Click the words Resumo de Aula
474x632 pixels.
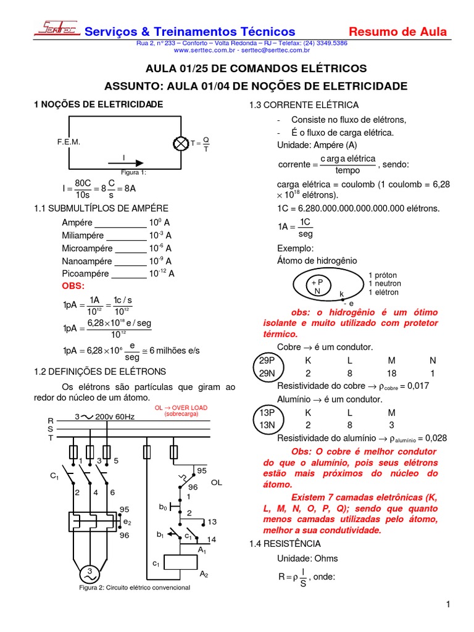point(398,31)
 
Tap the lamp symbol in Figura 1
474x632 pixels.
point(181,143)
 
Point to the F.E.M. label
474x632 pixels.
point(69,142)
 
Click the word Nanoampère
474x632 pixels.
point(87,261)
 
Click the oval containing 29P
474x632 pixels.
point(267,360)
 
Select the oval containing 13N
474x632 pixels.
point(267,425)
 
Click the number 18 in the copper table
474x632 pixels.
point(391,373)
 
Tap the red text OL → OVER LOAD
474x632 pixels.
point(181,408)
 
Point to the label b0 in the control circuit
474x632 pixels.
point(163,507)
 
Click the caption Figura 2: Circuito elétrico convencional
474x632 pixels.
point(135,588)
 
